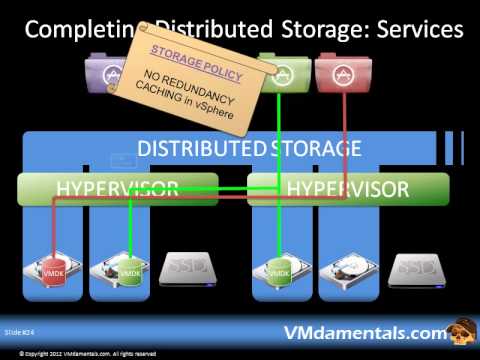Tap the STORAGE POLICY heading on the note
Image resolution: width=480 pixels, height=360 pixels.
pyautogui.click(x=188, y=51)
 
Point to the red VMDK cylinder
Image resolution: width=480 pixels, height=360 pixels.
pyautogui.click(x=52, y=272)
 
